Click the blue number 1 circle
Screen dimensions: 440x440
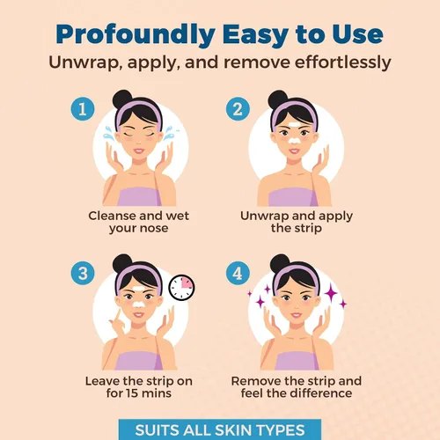pos(83,109)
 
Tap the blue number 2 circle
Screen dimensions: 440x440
pos(238,109)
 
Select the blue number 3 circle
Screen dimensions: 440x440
pos(83,273)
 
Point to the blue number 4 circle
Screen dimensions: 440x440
pos(238,273)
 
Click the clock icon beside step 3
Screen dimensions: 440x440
pos(182,288)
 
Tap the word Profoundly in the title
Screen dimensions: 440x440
pos(136,35)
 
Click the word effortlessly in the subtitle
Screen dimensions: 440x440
pos(342,62)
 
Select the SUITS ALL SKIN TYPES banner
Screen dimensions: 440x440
pos(220,429)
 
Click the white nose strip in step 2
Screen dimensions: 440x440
pos(294,140)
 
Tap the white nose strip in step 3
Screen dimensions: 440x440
pos(139,304)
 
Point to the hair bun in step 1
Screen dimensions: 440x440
pos(122,99)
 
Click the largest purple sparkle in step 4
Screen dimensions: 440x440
pos(331,293)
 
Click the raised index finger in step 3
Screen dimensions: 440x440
pos(118,315)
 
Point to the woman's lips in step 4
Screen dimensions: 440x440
pos(297,316)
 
